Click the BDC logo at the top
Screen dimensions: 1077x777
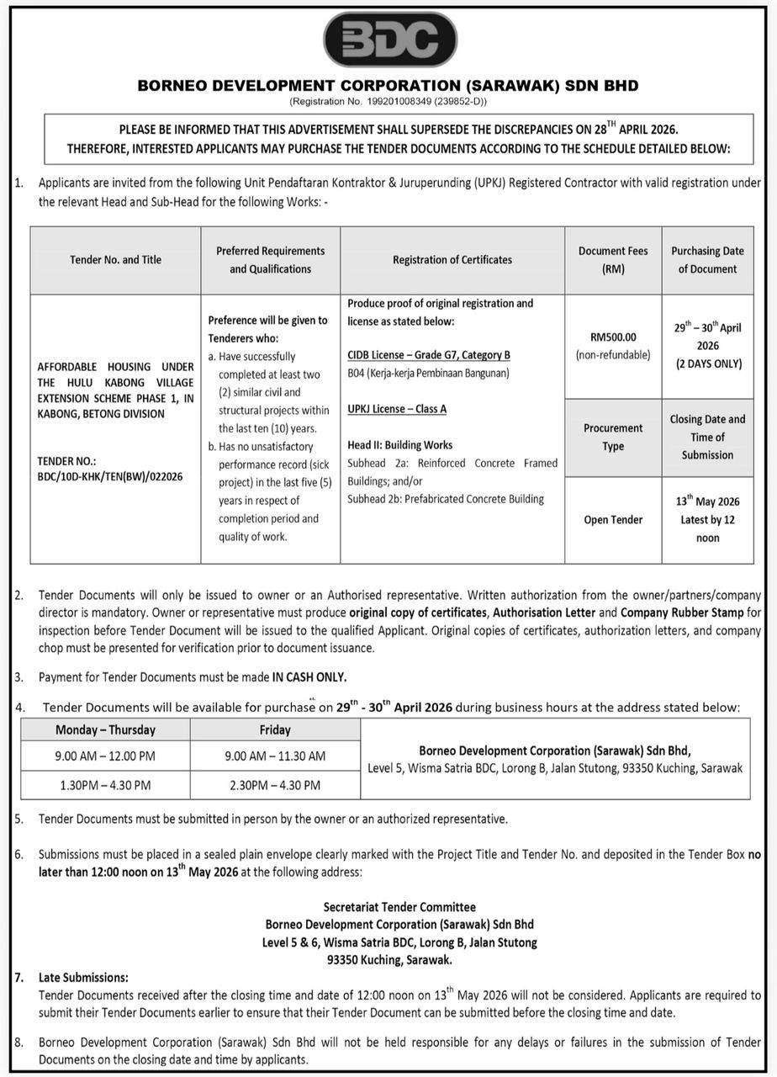pos(390,40)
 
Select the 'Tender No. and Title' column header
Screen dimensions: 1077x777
pos(115,260)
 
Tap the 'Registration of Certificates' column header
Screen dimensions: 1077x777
pos(452,260)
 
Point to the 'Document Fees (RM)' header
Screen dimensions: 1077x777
pos(613,260)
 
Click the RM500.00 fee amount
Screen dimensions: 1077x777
pos(613,337)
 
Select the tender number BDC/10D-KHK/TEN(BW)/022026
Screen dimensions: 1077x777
pos(110,476)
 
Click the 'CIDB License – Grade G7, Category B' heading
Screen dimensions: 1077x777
pos(429,355)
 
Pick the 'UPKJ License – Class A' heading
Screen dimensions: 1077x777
pos(397,409)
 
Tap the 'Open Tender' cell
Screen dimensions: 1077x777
pos(613,520)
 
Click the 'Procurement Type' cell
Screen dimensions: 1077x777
pos(613,437)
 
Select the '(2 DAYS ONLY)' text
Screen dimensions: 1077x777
pos(707,363)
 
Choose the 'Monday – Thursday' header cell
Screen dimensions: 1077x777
pos(105,730)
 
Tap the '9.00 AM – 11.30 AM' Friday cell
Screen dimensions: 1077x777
pos(275,756)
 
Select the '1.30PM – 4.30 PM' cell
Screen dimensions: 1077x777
pos(105,785)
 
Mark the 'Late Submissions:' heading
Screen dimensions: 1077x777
pos(83,978)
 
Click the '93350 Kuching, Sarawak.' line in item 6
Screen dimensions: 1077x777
pos(390,960)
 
